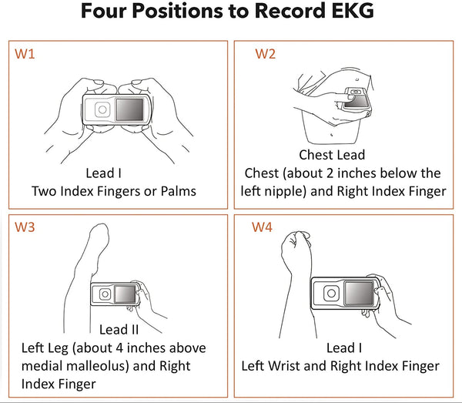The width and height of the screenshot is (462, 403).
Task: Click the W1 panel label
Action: coord(25,55)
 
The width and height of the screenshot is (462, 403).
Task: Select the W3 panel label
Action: coord(25,227)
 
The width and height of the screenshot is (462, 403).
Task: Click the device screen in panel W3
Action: coord(125,294)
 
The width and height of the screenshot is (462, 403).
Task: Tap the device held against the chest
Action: coord(356,101)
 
